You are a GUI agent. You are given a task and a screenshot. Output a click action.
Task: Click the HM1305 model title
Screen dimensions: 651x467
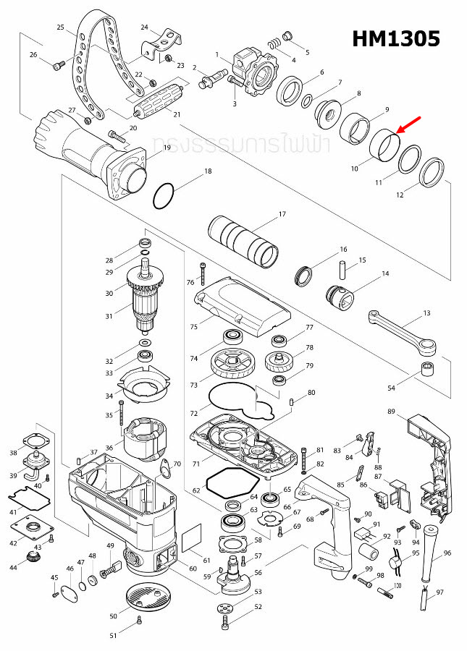pyautogui.click(x=396, y=39)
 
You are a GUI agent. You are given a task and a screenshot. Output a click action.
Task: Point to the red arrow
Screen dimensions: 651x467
pyautogui.click(x=409, y=127)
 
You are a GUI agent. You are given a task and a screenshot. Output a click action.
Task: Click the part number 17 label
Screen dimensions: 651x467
pyautogui.click(x=282, y=214)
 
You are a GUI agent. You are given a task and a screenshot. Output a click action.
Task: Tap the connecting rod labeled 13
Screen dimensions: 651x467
pyautogui.click(x=403, y=329)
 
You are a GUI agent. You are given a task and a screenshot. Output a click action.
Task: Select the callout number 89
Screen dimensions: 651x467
pyautogui.click(x=391, y=412)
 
